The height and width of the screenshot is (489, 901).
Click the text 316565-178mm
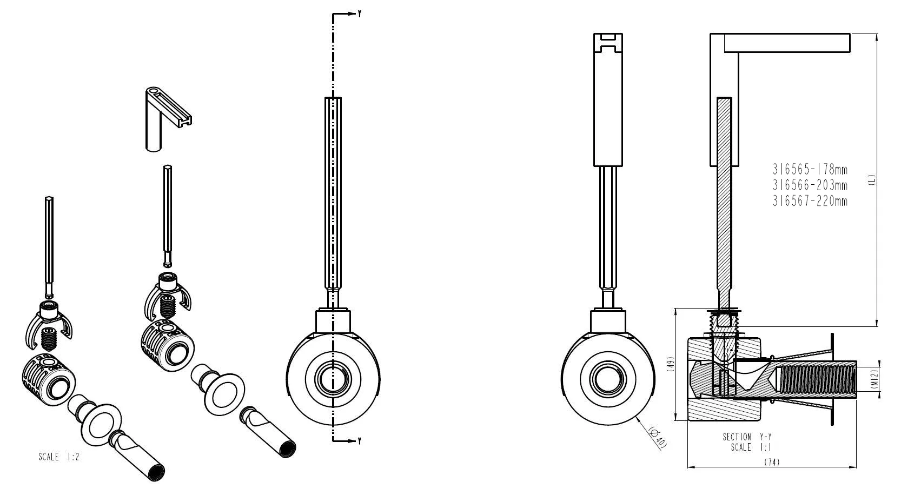(x=810, y=170)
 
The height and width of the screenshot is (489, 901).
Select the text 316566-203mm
(x=810, y=185)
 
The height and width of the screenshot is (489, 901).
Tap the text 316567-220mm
(x=810, y=201)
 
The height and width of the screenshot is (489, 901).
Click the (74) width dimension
(x=772, y=462)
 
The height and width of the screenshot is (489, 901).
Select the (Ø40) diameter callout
(x=658, y=437)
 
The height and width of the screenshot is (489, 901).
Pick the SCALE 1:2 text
(x=59, y=457)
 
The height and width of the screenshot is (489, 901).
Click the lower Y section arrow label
(x=360, y=441)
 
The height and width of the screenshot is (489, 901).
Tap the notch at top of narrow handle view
(x=608, y=42)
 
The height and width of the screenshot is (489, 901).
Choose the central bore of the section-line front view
(x=333, y=379)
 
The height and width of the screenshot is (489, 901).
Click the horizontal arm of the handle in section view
(x=787, y=43)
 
